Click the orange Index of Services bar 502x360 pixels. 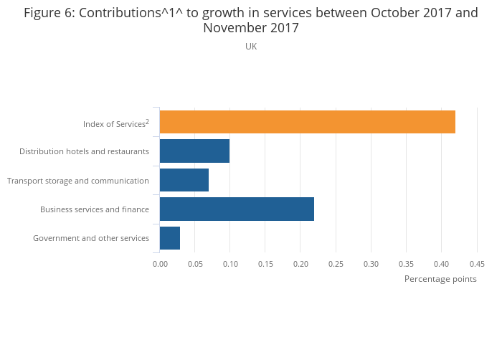click(307, 123)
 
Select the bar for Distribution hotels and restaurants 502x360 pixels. click(194, 151)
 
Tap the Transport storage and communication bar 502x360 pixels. click(184, 180)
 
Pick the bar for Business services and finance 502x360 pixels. click(237, 209)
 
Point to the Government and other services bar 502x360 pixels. click(170, 237)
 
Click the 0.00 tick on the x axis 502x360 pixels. click(160, 264)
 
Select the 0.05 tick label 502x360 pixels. click(195, 264)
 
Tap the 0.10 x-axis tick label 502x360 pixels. click(230, 264)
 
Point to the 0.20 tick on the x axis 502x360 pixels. click(300, 264)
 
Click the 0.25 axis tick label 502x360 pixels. click(336, 264)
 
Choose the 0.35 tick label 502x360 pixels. click(406, 264)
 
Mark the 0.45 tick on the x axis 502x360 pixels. click(477, 264)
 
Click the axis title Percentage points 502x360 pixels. click(440, 279)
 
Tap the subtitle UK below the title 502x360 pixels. click(251, 47)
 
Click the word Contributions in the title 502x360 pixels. click(118, 13)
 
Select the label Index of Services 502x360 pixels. click(114, 124)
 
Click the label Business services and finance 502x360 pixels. click(95, 209)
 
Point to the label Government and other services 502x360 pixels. click(91, 238)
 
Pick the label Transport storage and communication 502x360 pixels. click(78, 181)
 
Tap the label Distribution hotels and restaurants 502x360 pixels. click(84, 151)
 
